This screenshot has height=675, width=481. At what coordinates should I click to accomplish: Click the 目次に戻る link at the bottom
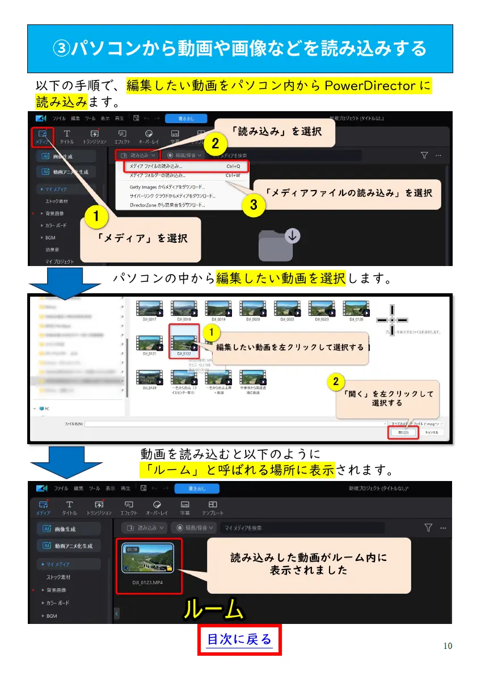click(239, 640)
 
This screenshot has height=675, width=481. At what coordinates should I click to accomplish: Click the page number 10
click(448, 646)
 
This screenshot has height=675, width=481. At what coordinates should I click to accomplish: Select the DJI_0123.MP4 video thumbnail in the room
click(147, 558)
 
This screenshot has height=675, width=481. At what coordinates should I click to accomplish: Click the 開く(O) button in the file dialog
click(403, 432)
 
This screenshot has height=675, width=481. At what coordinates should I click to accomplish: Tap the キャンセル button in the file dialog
click(431, 432)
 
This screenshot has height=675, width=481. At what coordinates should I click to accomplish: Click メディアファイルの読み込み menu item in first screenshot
click(153, 167)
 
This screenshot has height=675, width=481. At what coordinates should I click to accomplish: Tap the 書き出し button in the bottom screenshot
click(189, 488)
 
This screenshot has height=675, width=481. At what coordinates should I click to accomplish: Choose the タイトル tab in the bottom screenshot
click(69, 508)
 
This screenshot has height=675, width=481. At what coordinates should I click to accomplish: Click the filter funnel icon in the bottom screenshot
click(428, 528)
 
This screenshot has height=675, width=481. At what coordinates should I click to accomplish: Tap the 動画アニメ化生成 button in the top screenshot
click(69, 171)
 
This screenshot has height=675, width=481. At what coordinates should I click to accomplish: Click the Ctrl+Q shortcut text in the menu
click(233, 167)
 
